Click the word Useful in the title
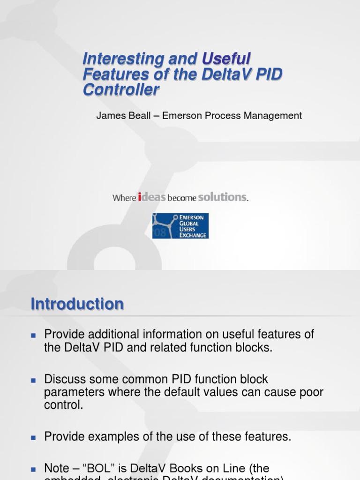pos(226,59)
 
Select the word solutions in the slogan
pos(222,197)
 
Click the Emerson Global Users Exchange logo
pos(180,226)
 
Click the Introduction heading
pos(77,304)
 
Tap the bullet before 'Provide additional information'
pos(33,335)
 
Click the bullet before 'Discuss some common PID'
pos(33,379)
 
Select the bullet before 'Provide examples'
pos(33,437)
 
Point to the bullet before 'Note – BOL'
pos(33,468)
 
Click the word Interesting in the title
pos(122,59)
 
